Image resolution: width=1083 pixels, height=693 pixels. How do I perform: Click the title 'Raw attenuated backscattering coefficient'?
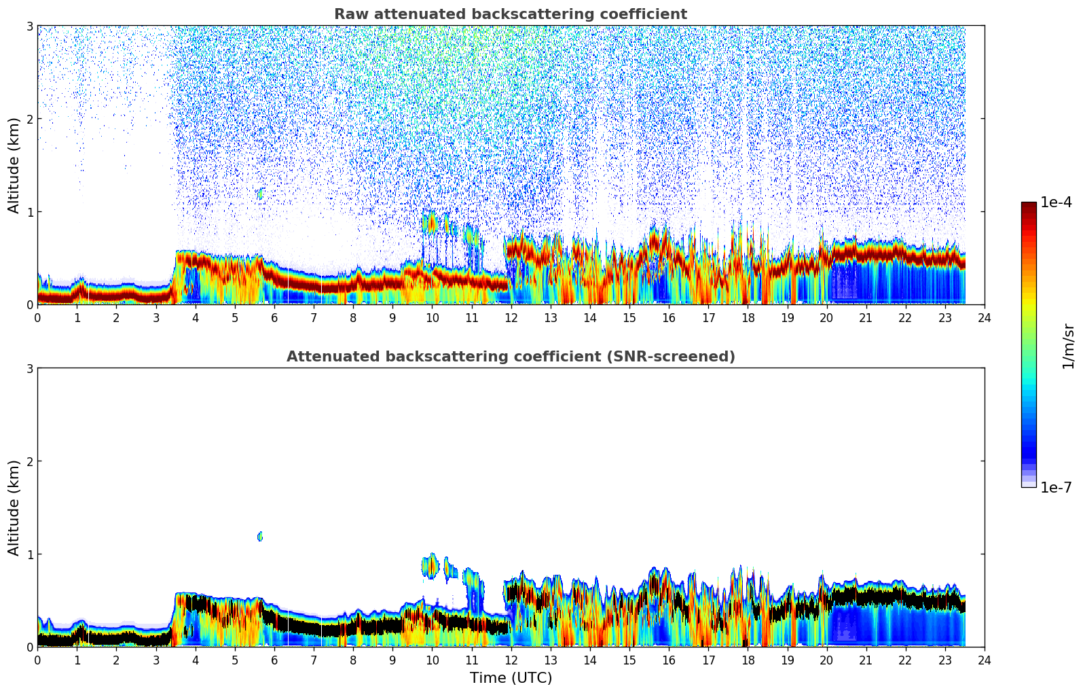point(510,14)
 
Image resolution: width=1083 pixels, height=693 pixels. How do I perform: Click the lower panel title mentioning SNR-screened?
point(510,357)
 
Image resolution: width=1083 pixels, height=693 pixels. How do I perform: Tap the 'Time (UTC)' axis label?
point(511,678)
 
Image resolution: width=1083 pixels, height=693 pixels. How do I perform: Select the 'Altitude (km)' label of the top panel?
point(14,165)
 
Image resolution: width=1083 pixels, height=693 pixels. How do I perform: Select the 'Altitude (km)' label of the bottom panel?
point(14,508)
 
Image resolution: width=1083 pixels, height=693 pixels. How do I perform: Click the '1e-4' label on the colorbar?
point(1056,202)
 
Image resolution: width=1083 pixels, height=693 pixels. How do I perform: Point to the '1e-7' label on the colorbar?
point(1056,487)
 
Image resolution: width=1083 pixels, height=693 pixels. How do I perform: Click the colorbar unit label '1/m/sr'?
point(1068,346)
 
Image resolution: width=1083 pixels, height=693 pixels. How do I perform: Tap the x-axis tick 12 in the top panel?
point(511,317)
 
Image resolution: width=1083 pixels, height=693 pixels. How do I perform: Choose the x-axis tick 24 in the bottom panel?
point(984,660)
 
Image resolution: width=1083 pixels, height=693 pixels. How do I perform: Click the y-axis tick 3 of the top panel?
point(29,26)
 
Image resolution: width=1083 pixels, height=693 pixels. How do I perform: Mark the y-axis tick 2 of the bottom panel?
point(29,461)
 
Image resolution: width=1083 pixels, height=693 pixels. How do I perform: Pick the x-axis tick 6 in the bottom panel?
point(274,660)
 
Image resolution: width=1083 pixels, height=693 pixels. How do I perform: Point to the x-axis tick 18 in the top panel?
point(748,317)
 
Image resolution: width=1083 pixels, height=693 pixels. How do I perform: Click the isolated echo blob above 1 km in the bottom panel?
point(259,536)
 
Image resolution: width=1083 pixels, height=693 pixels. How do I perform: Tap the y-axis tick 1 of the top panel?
point(29,212)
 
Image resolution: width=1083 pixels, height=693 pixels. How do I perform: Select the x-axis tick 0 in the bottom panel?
point(37,660)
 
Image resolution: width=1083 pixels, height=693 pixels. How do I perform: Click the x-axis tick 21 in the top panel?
point(866,317)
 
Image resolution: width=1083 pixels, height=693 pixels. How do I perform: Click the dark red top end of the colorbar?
point(1028,205)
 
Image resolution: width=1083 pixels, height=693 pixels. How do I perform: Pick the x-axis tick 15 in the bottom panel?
point(629,660)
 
